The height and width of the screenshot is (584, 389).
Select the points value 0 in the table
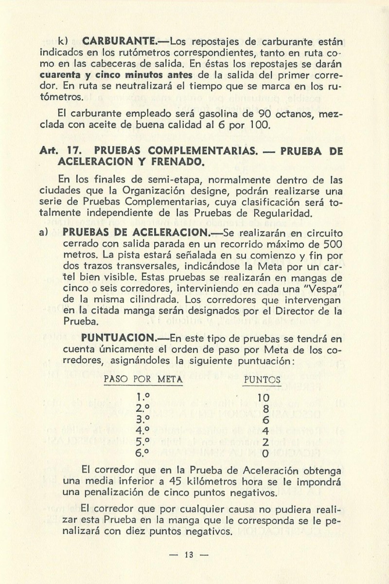pyautogui.click(x=265, y=454)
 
